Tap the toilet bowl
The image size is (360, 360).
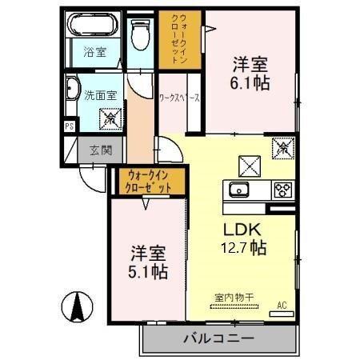tap(141, 34)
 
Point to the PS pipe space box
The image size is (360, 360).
tap(70, 126)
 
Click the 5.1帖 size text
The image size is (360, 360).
tap(149, 272)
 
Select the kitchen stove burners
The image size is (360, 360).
tap(282, 190)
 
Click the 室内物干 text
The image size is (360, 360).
tap(234, 298)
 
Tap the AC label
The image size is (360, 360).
tap(281, 304)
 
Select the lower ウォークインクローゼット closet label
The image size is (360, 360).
tap(151, 182)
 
